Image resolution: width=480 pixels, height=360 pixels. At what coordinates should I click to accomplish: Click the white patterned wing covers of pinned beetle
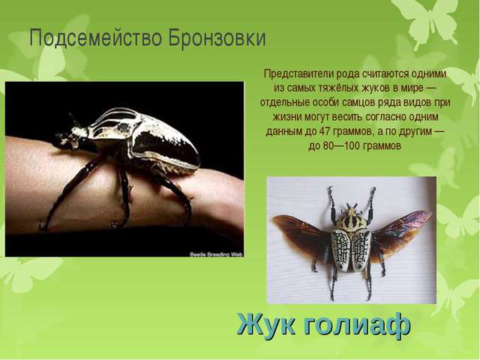click(x=351, y=247)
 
